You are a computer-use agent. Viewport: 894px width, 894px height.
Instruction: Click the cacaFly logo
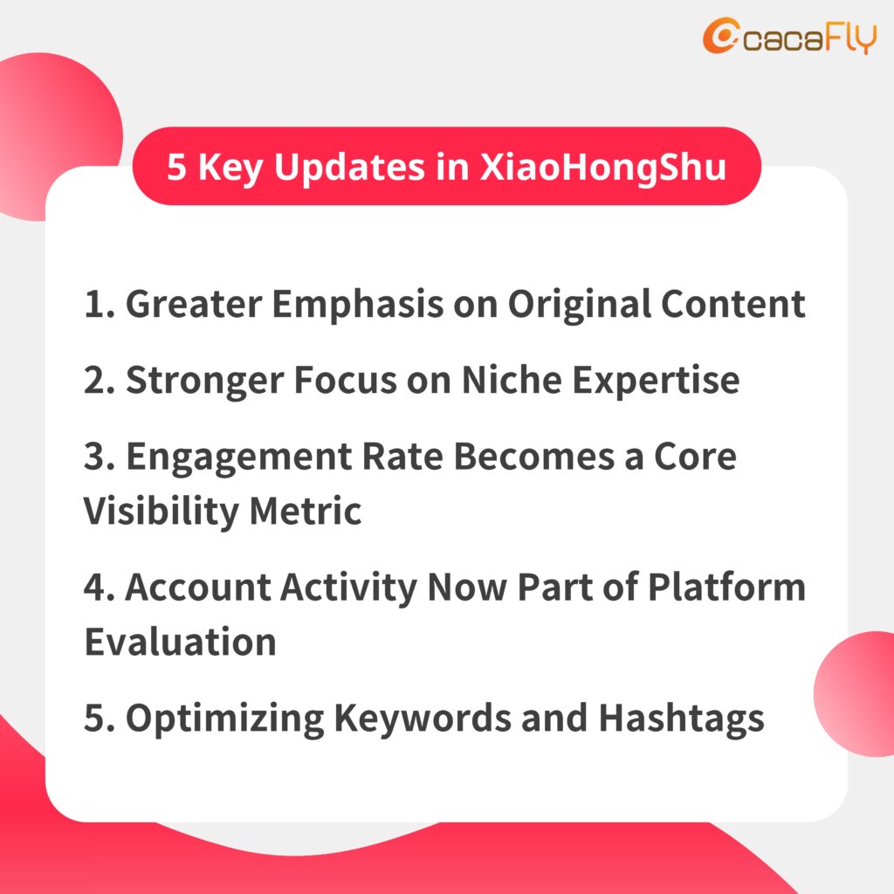(x=789, y=36)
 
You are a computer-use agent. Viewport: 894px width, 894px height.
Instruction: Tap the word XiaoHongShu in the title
(x=603, y=167)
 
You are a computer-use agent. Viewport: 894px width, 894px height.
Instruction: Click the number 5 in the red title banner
(x=176, y=167)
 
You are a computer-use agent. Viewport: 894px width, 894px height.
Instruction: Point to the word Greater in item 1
(x=194, y=303)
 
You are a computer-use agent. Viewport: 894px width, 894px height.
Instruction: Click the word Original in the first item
(x=580, y=305)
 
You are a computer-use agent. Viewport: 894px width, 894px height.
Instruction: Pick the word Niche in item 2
(x=512, y=380)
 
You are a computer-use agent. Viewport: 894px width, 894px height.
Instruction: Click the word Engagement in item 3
(x=239, y=457)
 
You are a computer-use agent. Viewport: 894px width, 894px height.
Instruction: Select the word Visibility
(x=162, y=512)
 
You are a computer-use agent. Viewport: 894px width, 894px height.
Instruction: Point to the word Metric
(x=306, y=510)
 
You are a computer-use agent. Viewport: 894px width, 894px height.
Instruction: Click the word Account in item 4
(x=198, y=587)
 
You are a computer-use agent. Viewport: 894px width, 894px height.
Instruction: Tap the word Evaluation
(x=180, y=642)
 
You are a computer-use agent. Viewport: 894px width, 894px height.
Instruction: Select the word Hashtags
(x=682, y=719)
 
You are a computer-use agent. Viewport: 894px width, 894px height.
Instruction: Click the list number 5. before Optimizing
(x=100, y=718)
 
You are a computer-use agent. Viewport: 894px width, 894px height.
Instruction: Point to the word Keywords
(x=423, y=719)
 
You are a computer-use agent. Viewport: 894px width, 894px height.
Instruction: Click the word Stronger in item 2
(x=204, y=381)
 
